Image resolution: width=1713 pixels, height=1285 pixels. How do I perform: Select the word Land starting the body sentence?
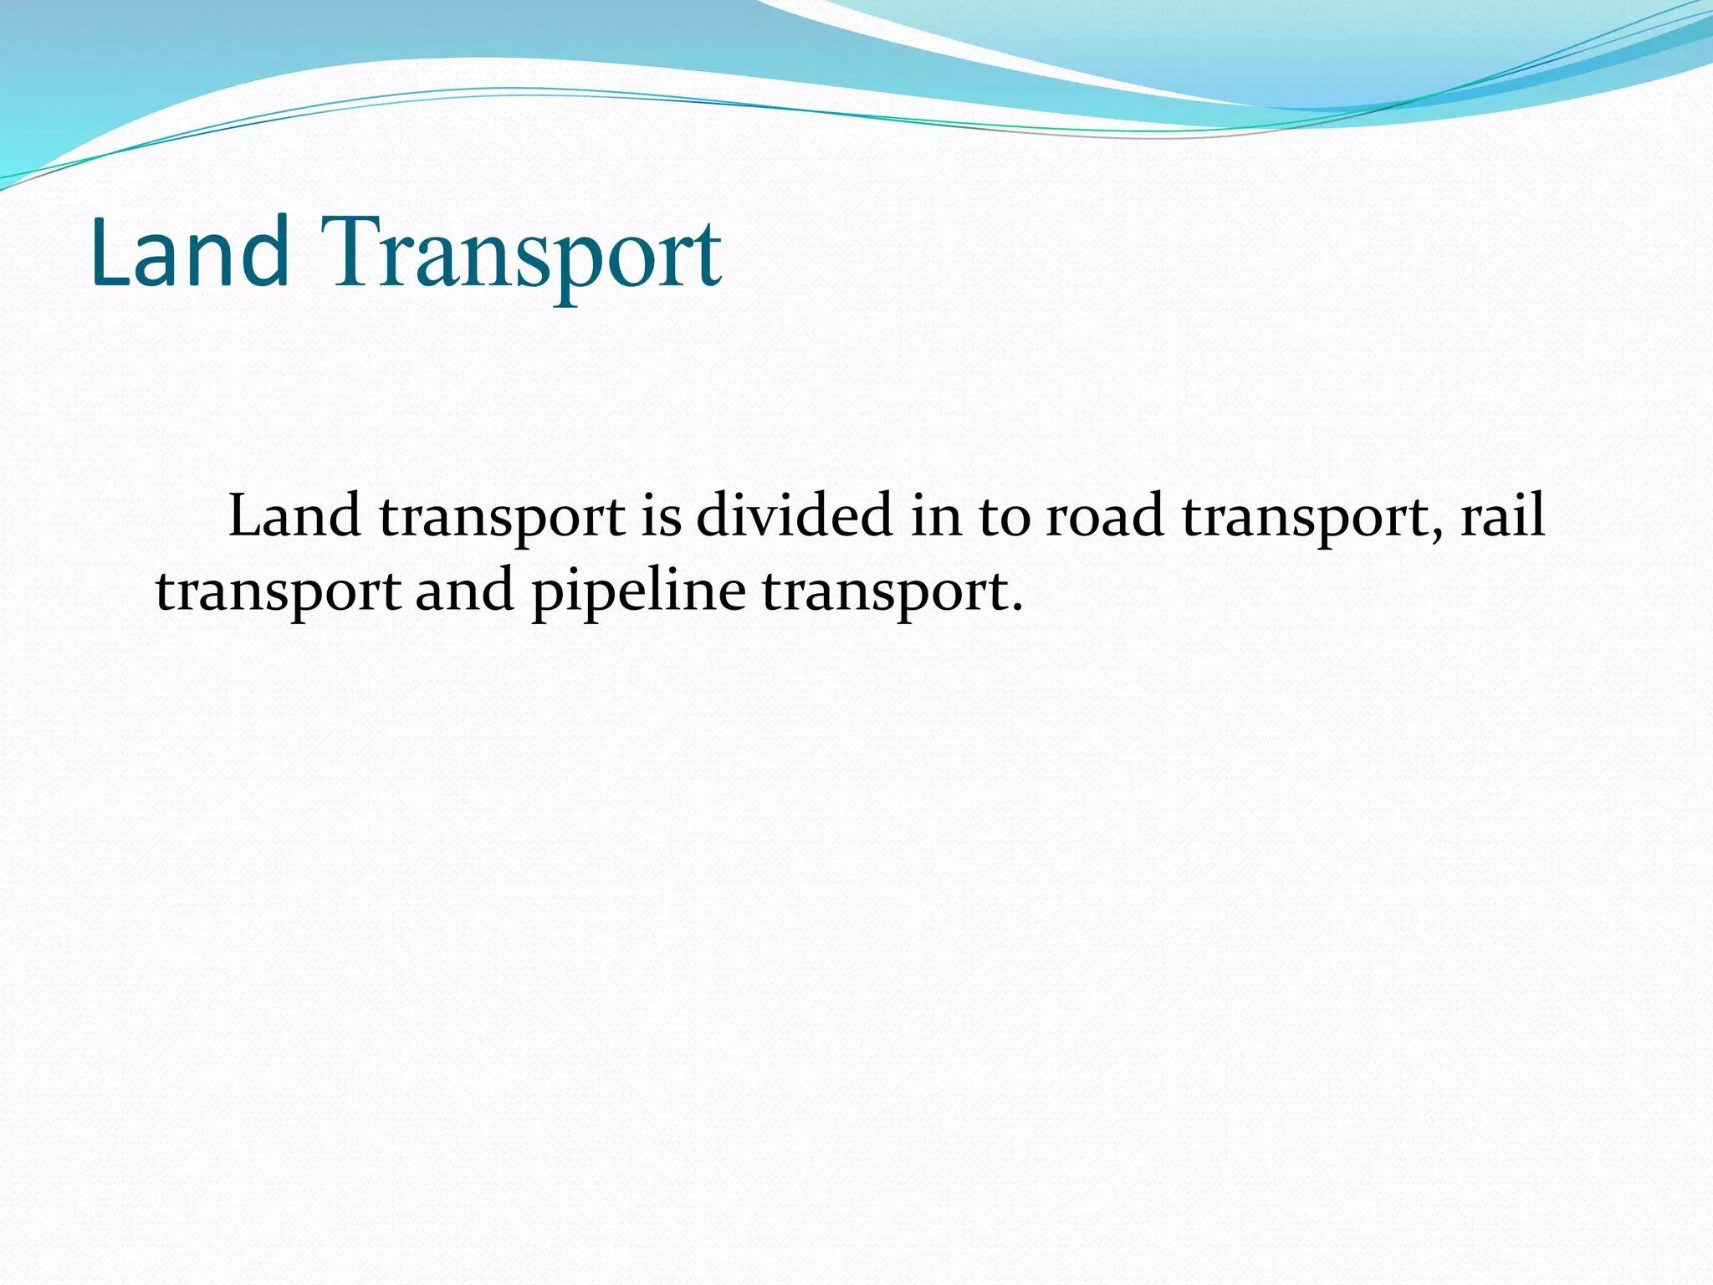pos(294,516)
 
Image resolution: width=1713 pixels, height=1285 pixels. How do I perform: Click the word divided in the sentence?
pos(794,516)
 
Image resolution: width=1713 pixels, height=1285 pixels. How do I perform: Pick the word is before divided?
pos(661,516)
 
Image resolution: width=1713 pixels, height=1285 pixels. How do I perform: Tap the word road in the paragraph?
pos(1105,516)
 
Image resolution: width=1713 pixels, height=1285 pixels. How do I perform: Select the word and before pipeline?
pos(464,591)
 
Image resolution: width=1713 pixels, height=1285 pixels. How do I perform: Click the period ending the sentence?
pos(1017,609)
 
